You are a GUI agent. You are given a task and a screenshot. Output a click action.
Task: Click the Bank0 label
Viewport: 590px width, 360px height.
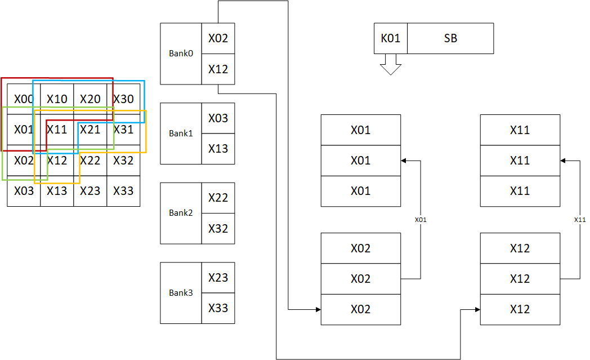(181, 54)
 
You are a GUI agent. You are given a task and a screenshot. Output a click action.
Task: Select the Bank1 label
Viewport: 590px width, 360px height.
(181, 134)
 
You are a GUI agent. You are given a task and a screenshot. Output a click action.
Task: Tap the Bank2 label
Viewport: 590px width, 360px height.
(181, 213)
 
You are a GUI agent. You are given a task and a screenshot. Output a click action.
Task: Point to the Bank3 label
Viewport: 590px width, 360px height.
(181, 292)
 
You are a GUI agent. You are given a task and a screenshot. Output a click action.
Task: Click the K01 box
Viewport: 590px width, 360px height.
(391, 38)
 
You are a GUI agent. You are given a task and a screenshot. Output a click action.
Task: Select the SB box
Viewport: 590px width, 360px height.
(450, 38)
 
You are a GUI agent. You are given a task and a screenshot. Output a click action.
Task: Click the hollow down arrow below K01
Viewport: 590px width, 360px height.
(391, 64)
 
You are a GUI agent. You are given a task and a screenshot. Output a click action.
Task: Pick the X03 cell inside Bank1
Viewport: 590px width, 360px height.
(218, 118)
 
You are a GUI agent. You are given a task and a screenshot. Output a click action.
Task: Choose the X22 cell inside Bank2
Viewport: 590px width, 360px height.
(218, 198)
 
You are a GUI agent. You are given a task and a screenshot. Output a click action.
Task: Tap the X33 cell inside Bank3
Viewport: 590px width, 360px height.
(218, 308)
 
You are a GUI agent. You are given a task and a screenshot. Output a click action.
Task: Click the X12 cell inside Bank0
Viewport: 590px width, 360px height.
(218, 69)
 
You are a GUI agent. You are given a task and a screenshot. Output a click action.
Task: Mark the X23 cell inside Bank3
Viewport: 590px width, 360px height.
(218, 278)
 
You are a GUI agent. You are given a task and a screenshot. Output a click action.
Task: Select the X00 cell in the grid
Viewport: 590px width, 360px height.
(24, 99)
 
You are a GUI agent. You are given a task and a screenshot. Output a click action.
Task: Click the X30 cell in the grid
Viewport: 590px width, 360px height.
(123, 99)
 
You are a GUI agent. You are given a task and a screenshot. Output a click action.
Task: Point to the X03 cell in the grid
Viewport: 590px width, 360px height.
(24, 191)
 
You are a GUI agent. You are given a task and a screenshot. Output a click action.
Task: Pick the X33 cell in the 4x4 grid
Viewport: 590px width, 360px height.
(123, 191)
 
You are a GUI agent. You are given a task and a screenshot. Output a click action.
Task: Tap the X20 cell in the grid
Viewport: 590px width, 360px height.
(90, 99)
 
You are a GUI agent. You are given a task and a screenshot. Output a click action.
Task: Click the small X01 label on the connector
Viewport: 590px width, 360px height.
(421, 220)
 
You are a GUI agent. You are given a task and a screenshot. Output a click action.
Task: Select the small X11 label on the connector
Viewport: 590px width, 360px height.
(580, 220)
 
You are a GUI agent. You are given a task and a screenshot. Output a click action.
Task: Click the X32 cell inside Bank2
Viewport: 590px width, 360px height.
(218, 229)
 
